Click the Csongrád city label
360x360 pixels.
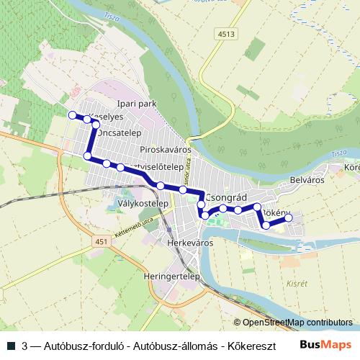(x=228, y=197)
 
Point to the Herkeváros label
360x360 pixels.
(x=190, y=243)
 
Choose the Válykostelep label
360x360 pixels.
(x=143, y=204)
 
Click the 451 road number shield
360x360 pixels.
(x=100, y=242)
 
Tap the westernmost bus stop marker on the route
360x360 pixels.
(x=71, y=114)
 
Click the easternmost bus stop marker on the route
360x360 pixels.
(x=289, y=217)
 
